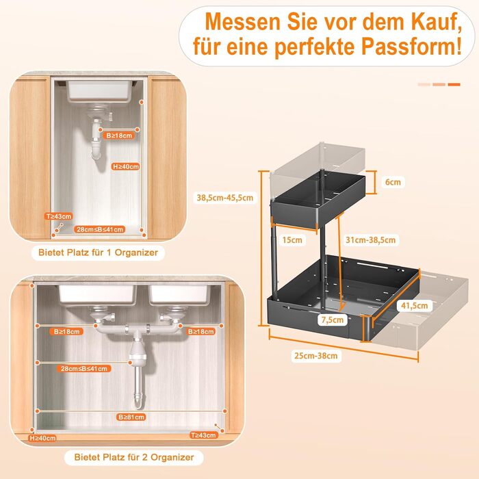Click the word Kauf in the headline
pyautogui.click(x=433, y=22)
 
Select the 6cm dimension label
pyautogui.click(x=393, y=182)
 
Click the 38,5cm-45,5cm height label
pyautogui.click(x=225, y=198)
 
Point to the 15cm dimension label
pyautogui.click(x=292, y=239)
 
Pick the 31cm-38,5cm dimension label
pyautogui.click(x=371, y=239)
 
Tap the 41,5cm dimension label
pyautogui.click(x=414, y=305)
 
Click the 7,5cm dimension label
pyautogui.click(x=333, y=320)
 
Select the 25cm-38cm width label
pyautogui.click(x=316, y=356)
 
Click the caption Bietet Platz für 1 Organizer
pyautogui.click(x=98, y=253)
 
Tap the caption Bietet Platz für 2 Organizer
pyautogui.click(x=134, y=457)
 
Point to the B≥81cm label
pyautogui.click(x=131, y=417)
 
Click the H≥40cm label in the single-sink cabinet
pyautogui.click(x=126, y=166)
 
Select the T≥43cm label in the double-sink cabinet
pyautogui.click(x=203, y=435)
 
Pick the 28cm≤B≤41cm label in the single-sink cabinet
pyautogui.click(x=100, y=229)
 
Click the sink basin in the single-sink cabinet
pyautogui.click(x=100, y=90)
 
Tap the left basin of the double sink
pyautogui.click(x=97, y=294)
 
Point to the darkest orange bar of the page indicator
pyautogui.click(x=454, y=85)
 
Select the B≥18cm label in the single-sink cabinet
pyautogui.click(x=118, y=135)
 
